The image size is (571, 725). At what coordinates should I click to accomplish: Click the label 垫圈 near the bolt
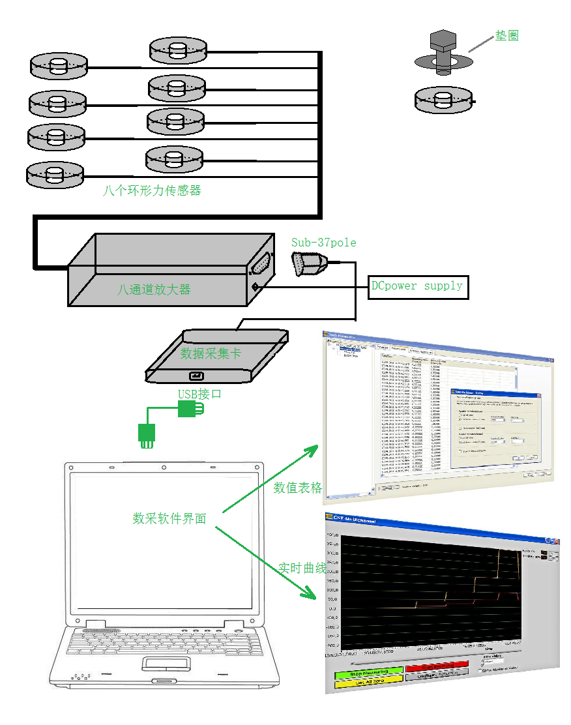pyautogui.click(x=506, y=36)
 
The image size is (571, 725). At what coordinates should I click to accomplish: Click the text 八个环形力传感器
pyautogui.click(x=152, y=190)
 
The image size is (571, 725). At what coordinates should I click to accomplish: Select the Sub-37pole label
pyautogui.click(x=324, y=243)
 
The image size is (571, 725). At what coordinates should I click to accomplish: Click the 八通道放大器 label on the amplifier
pyautogui.click(x=154, y=289)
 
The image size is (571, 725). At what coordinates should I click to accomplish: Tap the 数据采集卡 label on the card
pyautogui.click(x=211, y=353)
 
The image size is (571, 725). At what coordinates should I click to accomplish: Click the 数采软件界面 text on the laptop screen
pyautogui.click(x=169, y=518)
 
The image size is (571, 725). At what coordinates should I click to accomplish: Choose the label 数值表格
pyautogui.click(x=298, y=488)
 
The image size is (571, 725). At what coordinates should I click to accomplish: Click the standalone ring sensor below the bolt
pyautogui.click(x=443, y=99)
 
